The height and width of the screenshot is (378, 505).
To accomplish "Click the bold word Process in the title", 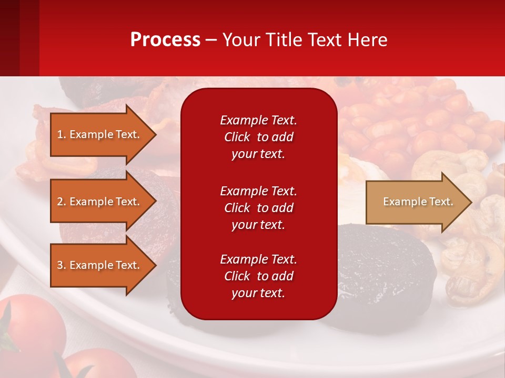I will (x=165, y=40).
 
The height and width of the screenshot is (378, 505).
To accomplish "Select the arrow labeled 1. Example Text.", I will (x=100, y=134).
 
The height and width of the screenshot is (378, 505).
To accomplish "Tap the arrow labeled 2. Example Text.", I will (x=100, y=202).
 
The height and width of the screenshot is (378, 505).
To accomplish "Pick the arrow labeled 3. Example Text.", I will (x=100, y=265).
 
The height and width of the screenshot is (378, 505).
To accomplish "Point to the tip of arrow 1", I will (x=155, y=134).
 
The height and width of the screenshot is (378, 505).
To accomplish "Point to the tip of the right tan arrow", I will (x=471, y=202).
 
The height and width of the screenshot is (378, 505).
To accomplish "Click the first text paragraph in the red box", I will (x=258, y=136).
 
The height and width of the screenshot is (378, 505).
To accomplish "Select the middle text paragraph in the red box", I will (x=258, y=207).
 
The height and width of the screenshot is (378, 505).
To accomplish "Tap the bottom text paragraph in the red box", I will (x=258, y=276).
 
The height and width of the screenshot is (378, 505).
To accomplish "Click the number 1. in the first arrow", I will (x=61, y=134).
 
